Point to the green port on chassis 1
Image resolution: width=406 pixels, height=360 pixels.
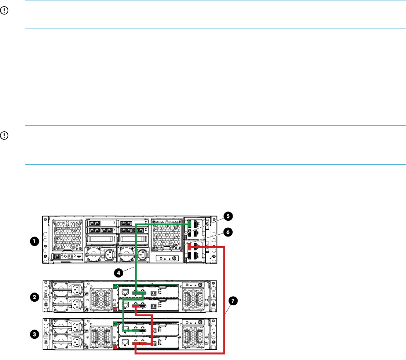tap(191, 224)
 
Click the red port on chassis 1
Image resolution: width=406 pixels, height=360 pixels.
tap(191, 247)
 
